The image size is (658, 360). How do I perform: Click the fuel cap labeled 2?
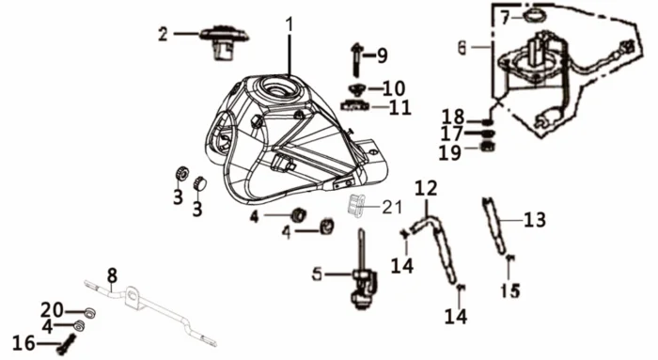coord(224,43)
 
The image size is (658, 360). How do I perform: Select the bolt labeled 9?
coord(356,60)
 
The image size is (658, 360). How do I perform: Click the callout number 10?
coord(394,88)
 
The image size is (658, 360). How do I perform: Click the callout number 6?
coord(462,47)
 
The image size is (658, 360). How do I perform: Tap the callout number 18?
coord(454,117)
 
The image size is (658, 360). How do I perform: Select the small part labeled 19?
coord(488,147)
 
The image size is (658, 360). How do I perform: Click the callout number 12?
coord(427,188)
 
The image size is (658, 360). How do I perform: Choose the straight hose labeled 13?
coord(494,226)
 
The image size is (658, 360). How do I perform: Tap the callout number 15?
coord(510,290)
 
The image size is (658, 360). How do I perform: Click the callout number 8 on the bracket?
coord(112,275)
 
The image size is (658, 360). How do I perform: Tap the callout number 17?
coord(451,133)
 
